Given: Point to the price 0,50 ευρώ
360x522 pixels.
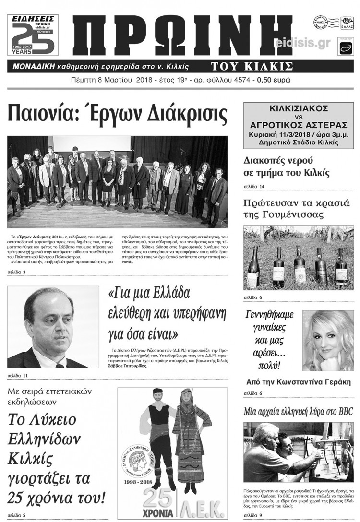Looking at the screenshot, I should (274, 80).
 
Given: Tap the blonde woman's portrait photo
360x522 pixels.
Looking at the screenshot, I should (327, 341).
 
